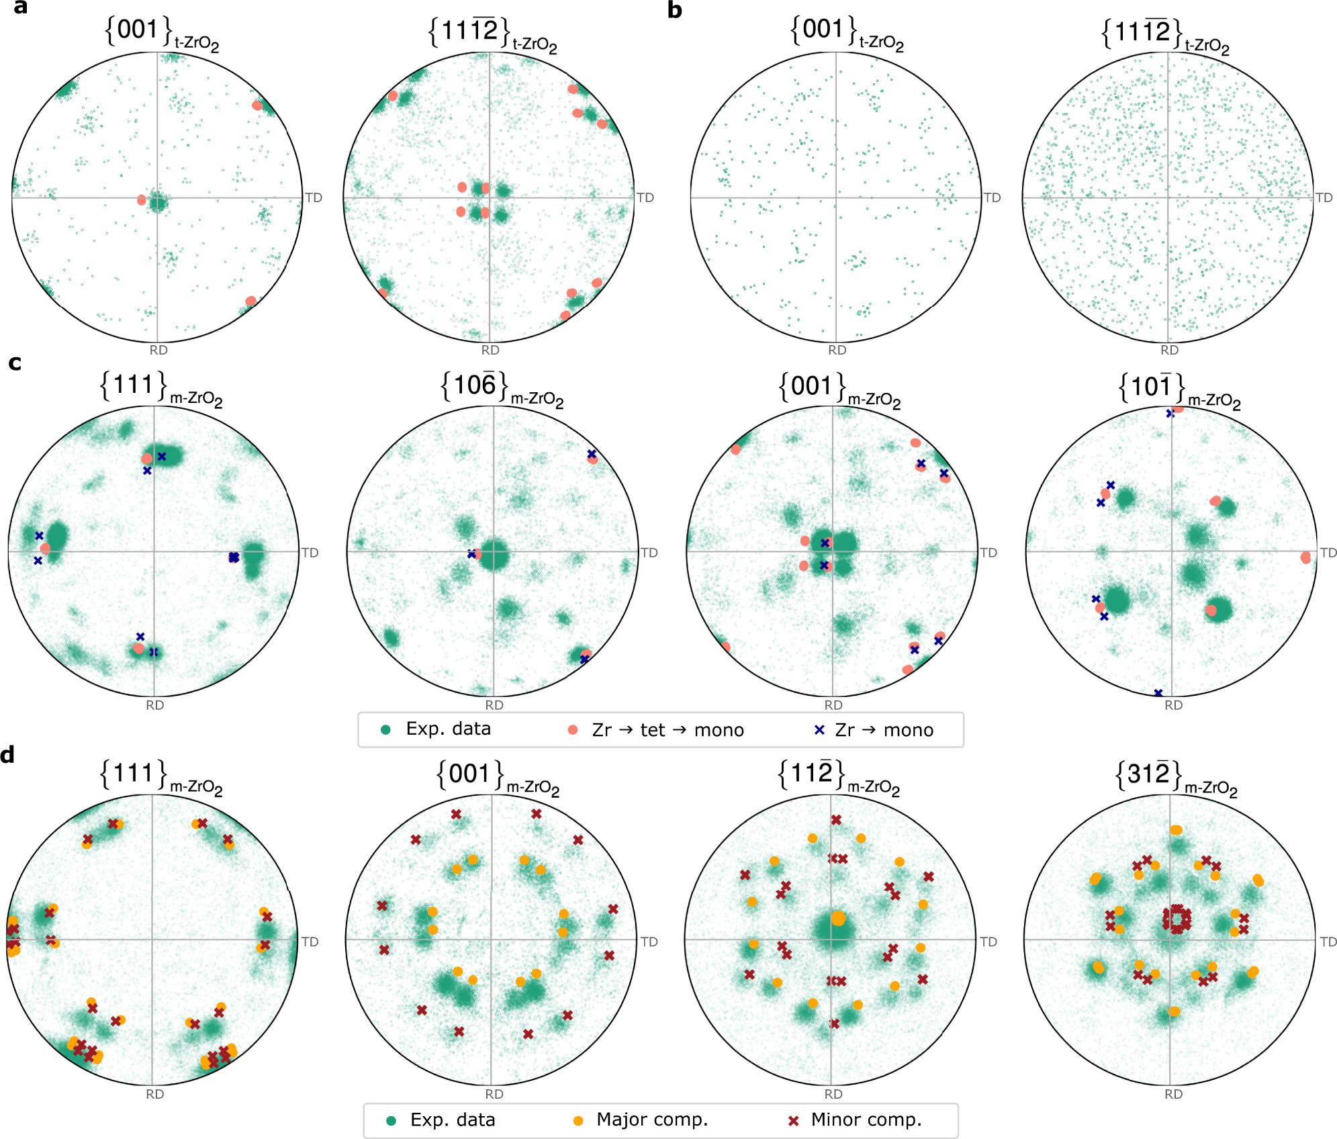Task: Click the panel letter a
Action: (20, 8)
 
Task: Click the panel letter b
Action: (674, 10)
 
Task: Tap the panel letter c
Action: (15, 363)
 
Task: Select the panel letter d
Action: (8, 756)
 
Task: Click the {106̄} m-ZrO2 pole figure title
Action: (501, 388)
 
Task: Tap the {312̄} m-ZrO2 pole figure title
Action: (1175, 776)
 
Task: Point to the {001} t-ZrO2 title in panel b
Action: (846, 32)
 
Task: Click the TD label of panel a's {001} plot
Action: (314, 197)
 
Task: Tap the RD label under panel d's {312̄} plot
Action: (1173, 1094)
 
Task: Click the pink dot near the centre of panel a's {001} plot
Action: (142, 200)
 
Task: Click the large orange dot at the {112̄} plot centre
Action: (838, 918)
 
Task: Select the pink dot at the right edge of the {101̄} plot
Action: (1305, 557)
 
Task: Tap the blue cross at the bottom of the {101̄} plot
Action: (1158, 692)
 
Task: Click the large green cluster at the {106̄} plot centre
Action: (494, 555)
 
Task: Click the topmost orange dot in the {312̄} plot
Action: (1176, 830)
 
